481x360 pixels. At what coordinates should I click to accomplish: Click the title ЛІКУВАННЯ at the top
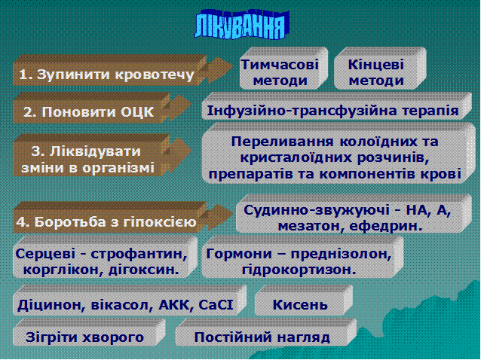[x=242, y=25]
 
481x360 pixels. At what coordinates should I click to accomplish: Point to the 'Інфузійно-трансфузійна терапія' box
[x=336, y=106]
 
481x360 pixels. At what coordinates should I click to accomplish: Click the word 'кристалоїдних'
[x=296, y=158]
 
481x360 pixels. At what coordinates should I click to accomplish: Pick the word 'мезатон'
[x=310, y=227]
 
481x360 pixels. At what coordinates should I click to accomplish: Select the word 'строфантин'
[x=139, y=254]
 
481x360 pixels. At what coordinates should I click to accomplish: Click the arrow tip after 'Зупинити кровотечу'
[x=233, y=68]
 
